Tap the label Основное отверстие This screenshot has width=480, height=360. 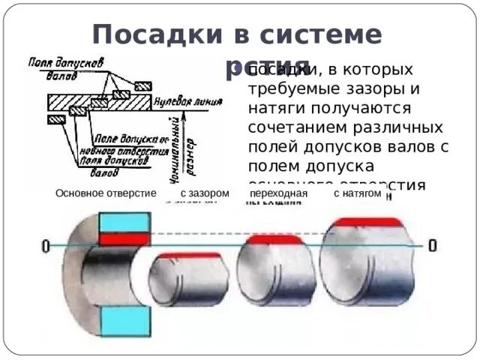pyautogui.click(x=105, y=193)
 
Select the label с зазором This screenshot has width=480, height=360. pyautogui.click(x=204, y=193)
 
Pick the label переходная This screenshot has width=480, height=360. pyautogui.click(x=279, y=193)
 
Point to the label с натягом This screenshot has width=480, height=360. pyautogui.click(x=358, y=193)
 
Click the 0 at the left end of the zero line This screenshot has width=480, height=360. pyautogui.click(x=46, y=246)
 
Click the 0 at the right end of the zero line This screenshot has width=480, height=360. pyautogui.click(x=432, y=244)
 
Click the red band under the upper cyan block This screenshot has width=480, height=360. pyautogui.click(x=125, y=239)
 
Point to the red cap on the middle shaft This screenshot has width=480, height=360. pyautogui.click(x=268, y=240)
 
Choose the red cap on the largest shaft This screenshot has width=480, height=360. pyautogui.click(x=368, y=222)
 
